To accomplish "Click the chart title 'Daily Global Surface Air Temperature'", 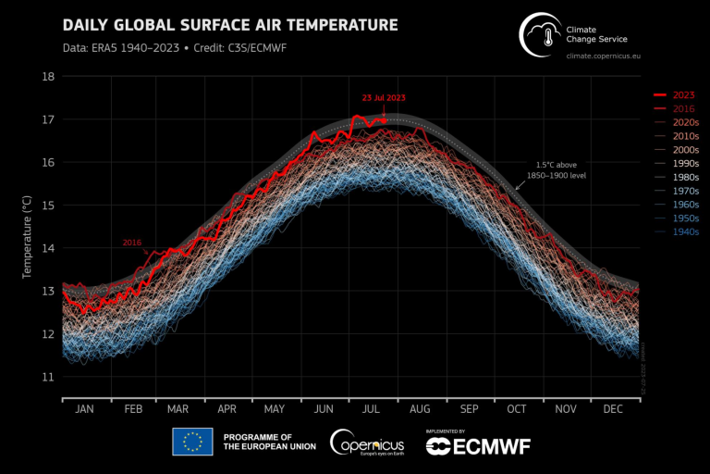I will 229,25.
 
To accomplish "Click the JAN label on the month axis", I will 84,409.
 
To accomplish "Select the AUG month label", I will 420,409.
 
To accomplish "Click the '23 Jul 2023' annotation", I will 383,97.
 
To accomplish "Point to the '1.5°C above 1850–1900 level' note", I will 557,168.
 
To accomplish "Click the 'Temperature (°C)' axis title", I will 28,227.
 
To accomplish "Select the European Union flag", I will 192,442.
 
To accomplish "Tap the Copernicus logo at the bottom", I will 367,442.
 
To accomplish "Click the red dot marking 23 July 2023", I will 383,119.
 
